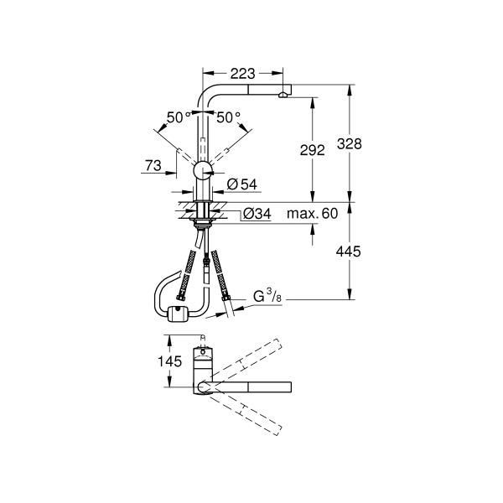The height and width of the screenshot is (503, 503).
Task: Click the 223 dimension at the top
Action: tap(242, 74)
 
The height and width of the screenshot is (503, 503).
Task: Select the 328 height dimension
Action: tap(350, 143)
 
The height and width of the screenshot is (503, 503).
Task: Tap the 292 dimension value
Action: tap(312, 150)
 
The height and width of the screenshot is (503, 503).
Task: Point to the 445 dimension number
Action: tap(349, 251)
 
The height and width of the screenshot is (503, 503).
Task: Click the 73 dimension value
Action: tap(153, 166)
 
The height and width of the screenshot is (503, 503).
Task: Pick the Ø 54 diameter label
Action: tap(242, 184)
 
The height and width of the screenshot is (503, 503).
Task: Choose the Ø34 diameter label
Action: tap(257, 214)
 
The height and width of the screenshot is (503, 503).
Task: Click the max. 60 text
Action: tap(312, 213)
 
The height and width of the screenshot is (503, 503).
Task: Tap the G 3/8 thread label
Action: tap(267, 296)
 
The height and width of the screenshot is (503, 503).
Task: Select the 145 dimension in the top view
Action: tap(169, 361)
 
